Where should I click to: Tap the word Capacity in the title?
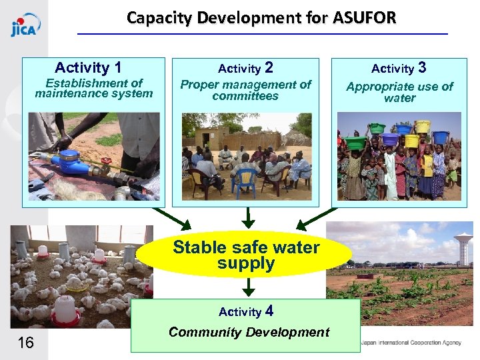159,17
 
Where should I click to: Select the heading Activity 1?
88,67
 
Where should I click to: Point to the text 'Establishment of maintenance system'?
94,88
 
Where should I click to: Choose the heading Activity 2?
245,67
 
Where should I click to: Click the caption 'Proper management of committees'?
245,90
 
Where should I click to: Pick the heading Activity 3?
399,67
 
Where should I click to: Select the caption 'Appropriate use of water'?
399,92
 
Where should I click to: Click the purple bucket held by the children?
390,139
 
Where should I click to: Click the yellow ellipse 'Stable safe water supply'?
246,255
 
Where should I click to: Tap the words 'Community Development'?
249,332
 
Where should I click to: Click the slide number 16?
25,343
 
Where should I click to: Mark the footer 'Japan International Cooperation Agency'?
411,343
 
